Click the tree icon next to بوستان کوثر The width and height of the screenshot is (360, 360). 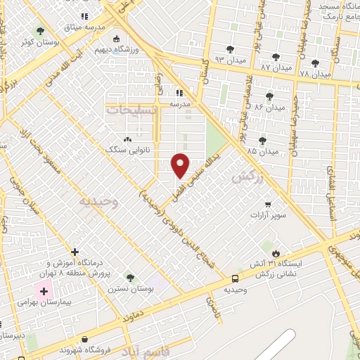39,31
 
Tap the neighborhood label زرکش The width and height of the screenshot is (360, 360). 247,179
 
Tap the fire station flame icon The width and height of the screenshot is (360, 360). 276,253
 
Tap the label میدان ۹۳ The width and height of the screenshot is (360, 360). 229,60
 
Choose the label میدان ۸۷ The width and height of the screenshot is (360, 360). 276,67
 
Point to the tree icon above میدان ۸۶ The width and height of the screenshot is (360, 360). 269,96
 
